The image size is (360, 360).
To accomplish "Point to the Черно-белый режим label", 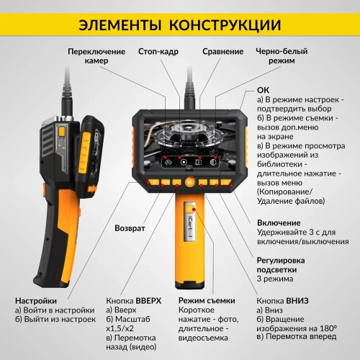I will [x=282, y=56].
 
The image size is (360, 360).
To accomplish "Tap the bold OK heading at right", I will [x=263, y=91].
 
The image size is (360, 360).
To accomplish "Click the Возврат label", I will [x=130, y=228].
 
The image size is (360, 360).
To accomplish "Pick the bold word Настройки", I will [x=36, y=300].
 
